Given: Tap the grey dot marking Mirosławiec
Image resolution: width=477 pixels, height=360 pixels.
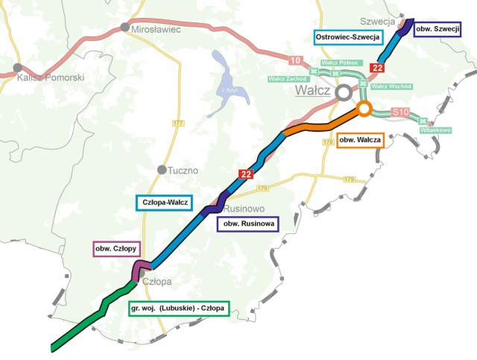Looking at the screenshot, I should tap(125, 28).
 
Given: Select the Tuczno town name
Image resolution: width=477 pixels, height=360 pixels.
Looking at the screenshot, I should tap(182, 170).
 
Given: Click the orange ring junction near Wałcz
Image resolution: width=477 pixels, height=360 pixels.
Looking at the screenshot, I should tap(364, 109).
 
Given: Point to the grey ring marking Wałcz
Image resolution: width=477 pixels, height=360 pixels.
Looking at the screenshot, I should tap(343, 92).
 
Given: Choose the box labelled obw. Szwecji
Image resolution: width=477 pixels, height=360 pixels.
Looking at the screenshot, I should tap(436, 28).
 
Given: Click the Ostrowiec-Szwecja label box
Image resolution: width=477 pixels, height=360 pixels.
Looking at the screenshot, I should tap(348, 37).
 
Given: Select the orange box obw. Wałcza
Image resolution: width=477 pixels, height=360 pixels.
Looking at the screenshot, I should tap(361, 139).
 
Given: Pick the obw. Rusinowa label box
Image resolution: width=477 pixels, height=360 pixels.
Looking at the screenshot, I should tap(247, 223).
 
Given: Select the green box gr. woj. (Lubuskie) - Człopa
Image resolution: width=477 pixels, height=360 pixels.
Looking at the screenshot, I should tap(179, 308).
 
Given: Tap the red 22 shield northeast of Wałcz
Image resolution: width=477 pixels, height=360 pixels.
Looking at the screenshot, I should tap(377, 69).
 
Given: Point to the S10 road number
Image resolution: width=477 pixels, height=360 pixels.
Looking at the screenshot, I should tap(401, 113).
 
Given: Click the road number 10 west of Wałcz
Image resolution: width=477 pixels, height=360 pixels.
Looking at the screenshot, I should tap(296, 60).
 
